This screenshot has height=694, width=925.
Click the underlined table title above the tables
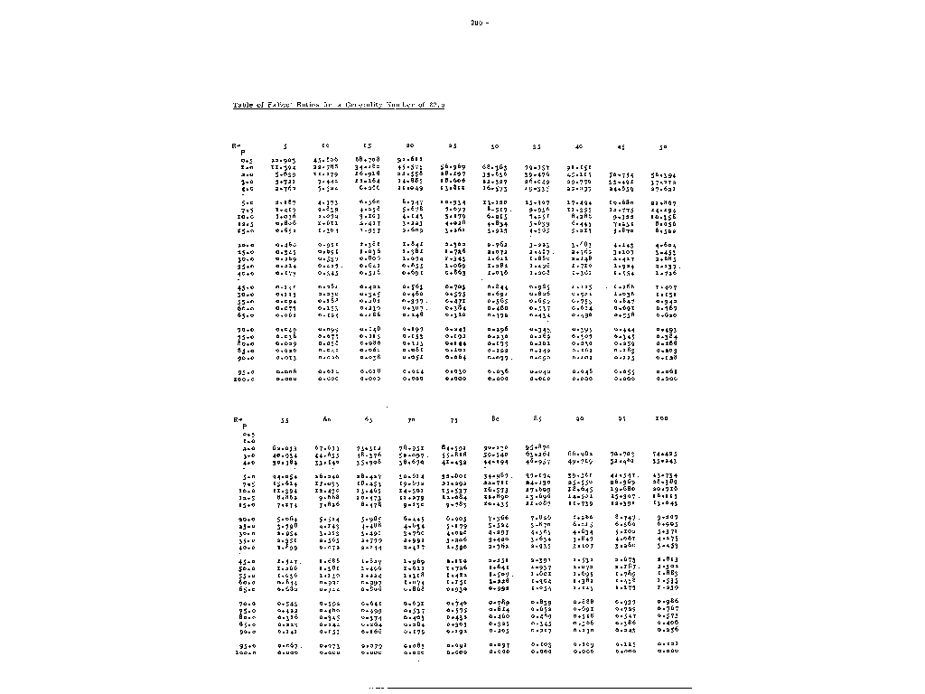click(338, 105)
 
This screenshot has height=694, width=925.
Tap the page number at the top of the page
click(478, 22)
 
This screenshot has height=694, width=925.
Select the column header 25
click(453, 145)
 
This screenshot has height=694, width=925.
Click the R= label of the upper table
click(238, 145)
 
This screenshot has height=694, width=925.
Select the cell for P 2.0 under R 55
click(286, 448)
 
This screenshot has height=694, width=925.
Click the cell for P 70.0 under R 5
click(285, 329)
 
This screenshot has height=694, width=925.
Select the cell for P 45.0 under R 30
click(496, 286)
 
